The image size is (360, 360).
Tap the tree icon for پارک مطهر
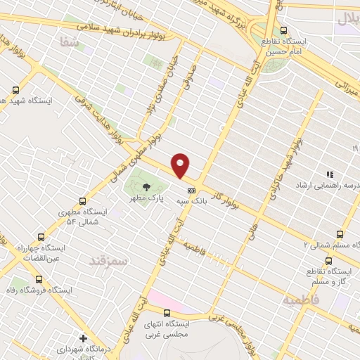146,187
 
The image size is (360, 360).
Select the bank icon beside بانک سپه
191,191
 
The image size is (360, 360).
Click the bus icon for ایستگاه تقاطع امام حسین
283,30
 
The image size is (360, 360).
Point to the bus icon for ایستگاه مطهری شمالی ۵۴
82,201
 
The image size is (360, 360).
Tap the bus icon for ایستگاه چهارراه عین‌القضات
40,237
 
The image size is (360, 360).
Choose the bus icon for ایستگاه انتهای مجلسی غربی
167,313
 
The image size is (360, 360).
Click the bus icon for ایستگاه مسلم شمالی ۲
340,234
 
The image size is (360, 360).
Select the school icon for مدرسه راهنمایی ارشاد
328,174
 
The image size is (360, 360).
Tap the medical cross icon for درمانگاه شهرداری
83,338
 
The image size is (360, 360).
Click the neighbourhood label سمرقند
110,261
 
